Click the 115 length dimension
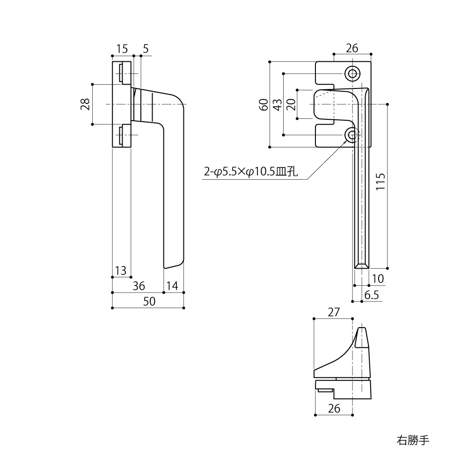coord(380,183)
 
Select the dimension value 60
coord(264,104)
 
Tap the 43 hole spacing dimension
coord(278,104)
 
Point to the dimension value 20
coord(291,104)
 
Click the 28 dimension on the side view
coord(85,104)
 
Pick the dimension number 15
coord(122,48)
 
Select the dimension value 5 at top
coord(146,48)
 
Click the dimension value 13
coord(120,270)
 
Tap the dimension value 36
coord(139,285)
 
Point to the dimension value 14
coord(173,285)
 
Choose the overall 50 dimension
coord(148,302)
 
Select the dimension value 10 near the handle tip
coord(377,279)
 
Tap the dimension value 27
coord(333,312)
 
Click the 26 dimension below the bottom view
coord(334,408)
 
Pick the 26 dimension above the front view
coord(352,48)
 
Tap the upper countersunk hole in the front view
coord(352,73)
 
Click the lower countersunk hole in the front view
coord(352,135)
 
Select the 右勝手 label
coord(412,440)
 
